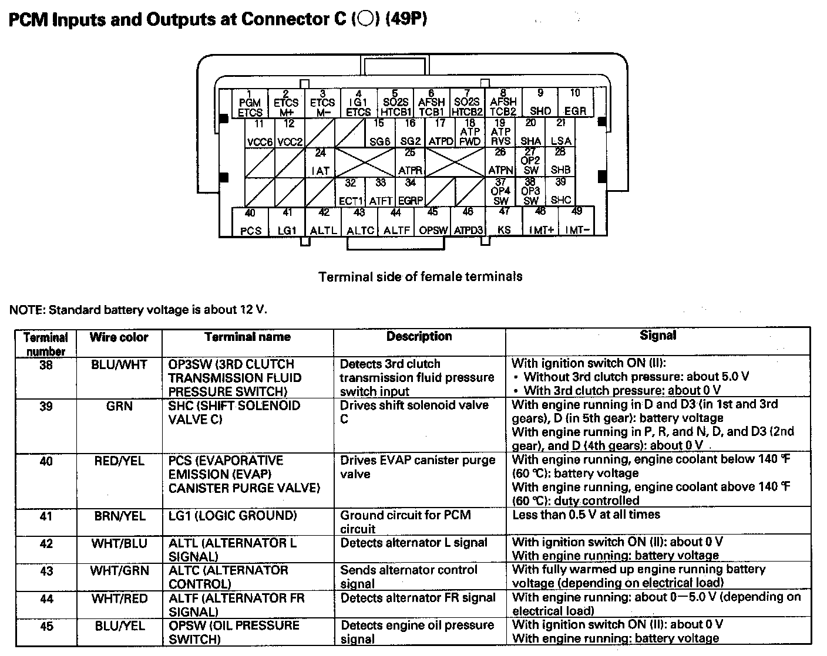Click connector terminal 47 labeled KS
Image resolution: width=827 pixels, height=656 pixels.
coord(504,221)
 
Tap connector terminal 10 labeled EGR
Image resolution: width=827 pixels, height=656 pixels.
coord(575,103)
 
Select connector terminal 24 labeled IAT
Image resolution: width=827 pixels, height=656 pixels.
coord(320,162)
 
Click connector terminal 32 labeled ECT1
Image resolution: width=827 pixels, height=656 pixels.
coord(351,191)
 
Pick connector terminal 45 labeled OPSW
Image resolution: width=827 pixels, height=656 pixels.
coord(433,221)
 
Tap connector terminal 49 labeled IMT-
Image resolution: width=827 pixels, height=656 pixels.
coord(577,221)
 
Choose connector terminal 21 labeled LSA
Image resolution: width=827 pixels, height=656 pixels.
coord(561,133)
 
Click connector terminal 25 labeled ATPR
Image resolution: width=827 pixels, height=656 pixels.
coord(410,162)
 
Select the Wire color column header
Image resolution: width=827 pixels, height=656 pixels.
coord(119,337)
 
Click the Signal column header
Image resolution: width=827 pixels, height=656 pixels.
coord(658,335)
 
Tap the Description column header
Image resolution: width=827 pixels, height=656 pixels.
coord(419,336)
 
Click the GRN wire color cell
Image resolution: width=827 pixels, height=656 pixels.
coord(119,406)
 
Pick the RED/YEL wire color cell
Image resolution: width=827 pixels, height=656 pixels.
coord(119,461)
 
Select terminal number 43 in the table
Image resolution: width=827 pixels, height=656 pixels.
coord(46,571)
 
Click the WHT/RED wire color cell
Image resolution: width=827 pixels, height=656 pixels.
coord(119,598)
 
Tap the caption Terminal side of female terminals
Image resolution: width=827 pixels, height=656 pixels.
coord(420,276)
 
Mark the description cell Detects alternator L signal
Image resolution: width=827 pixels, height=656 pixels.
coord(413,543)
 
